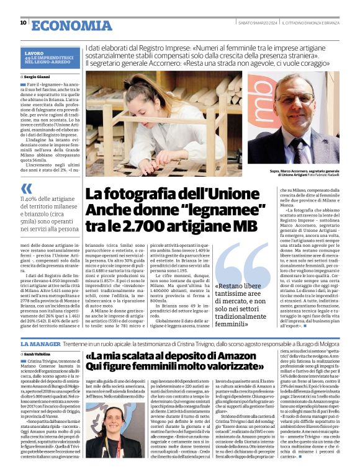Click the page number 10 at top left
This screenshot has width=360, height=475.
pos(23,23)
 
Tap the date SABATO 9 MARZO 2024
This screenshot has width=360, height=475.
pos(256,24)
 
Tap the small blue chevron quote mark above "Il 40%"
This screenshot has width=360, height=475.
pos(26,188)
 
